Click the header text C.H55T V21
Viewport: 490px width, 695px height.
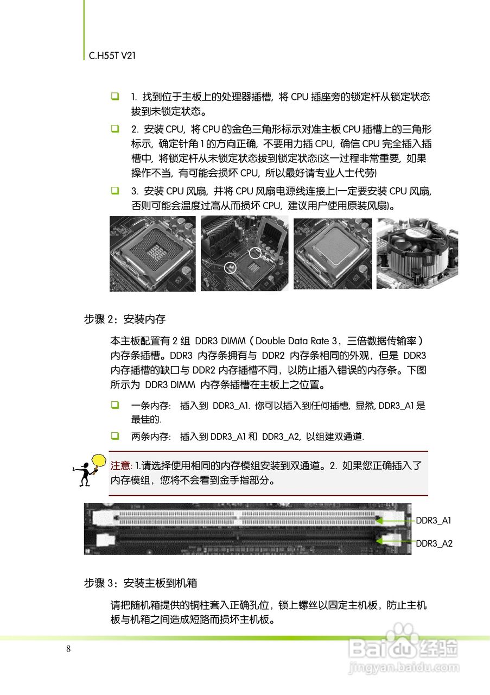tap(112, 55)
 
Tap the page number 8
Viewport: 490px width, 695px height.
tap(68, 649)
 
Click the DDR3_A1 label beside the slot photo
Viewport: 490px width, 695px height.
tap(434, 521)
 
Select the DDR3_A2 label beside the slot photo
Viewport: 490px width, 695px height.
tap(434, 543)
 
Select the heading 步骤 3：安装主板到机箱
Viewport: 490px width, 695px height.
tap(140, 583)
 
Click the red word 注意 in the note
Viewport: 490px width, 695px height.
tap(121, 465)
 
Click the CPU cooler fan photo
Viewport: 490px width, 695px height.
tap(417, 253)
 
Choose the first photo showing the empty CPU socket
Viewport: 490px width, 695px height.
tap(152, 254)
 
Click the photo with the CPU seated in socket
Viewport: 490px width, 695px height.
tap(333, 254)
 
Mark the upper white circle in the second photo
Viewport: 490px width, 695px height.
tap(255, 252)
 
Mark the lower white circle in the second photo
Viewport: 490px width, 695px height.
tap(231, 267)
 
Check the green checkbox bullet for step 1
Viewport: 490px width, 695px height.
tap(115, 97)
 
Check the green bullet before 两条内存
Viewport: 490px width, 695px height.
tap(115, 435)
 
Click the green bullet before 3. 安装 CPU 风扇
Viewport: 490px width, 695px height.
tap(115, 191)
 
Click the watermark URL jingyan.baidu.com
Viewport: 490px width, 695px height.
tap(404, 666)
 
